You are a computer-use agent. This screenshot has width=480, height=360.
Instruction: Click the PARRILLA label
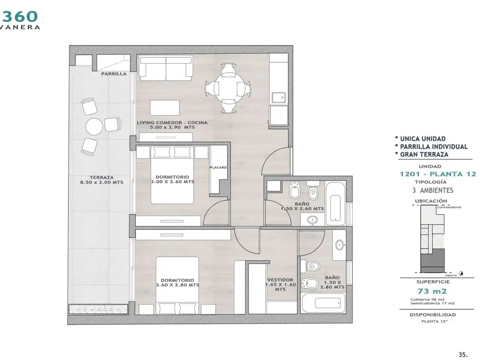click(113, 74)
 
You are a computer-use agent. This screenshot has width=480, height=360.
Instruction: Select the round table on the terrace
click(94, 127)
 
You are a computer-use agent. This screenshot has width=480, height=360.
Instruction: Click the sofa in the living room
click(166, 68)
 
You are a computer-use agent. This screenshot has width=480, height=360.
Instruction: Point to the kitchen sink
click(279, 97)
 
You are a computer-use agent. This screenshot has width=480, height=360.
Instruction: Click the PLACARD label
click(218, 167)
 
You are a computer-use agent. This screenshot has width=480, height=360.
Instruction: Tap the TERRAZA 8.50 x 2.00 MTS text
click(102, 180)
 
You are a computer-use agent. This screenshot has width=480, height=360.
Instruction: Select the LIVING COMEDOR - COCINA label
click(172, 125)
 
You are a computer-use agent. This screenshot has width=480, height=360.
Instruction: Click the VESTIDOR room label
click(280, 285)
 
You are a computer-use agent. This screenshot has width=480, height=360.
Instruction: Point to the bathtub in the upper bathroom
click(336, 203)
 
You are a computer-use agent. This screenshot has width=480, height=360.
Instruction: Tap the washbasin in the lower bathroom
click(339, 245)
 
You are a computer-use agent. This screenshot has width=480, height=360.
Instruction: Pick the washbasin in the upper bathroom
click(313, 219)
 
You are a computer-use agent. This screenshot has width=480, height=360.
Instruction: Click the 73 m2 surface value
click(432, 291)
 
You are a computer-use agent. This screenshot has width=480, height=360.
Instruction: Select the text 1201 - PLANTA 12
click(438, 174)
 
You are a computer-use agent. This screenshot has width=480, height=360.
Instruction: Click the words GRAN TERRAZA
click(424, 155)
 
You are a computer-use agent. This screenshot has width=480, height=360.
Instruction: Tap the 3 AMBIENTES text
click(433, 190)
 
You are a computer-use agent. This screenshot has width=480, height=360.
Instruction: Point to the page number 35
click(463, 354)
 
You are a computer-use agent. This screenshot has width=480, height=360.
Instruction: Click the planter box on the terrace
click(98, 308)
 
